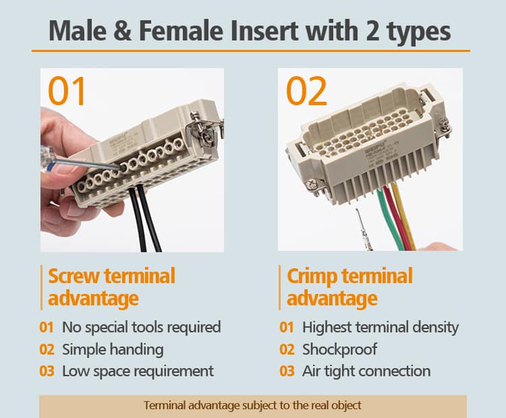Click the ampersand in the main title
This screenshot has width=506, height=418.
coord(122,30)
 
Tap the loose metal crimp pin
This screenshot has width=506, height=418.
coord(364,230)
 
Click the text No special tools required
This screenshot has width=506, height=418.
coord(142,328)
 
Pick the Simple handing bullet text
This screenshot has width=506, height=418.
coord(113,350)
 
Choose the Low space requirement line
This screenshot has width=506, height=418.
coord(138,371)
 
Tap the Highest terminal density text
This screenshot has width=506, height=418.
coord(381,328)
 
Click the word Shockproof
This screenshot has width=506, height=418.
coord(339,349)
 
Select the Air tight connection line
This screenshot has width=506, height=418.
coord(366,371)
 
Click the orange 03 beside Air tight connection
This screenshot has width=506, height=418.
coord(287,371)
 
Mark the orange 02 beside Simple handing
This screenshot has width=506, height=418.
coord(47,350)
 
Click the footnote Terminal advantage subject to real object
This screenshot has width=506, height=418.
coord(253,405)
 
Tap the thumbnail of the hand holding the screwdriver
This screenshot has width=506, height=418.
coord(132,160)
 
